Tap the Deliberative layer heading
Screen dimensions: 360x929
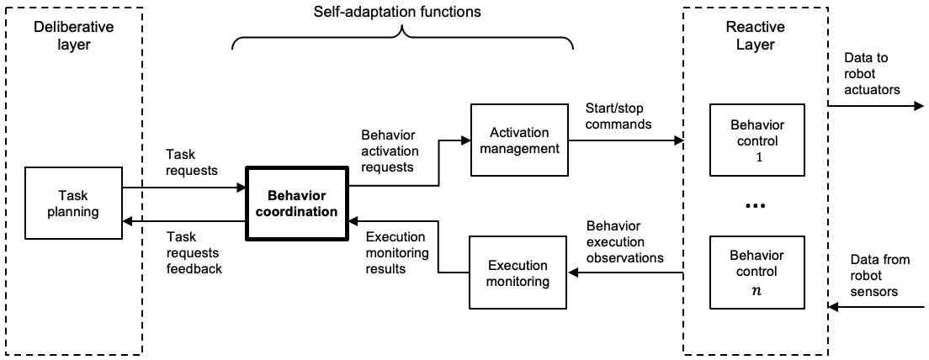[73, 35]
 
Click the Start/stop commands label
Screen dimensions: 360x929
[618, 117]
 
